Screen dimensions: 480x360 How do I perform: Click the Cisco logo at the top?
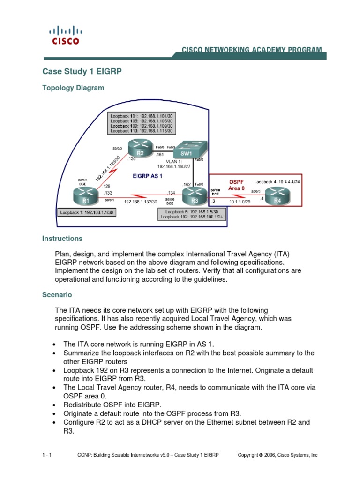point(65,35)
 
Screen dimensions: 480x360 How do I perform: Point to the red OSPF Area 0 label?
point(237,185)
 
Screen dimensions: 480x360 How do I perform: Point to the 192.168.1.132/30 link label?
point(140,201)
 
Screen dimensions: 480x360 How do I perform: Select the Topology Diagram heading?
point(73,88)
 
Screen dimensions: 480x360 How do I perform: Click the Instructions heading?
point(62,239)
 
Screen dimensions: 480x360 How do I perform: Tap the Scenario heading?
point(57,295)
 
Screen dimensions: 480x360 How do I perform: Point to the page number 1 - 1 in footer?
point(47,455)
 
